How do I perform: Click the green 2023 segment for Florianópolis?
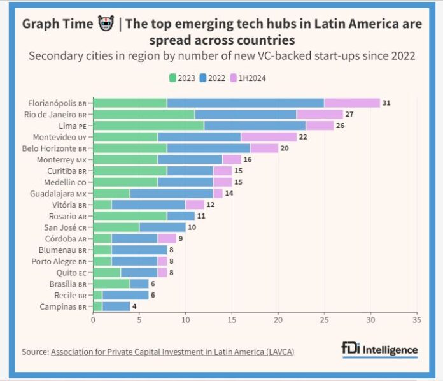[x=130, y=103]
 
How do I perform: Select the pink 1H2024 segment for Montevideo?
[x=269, y=136]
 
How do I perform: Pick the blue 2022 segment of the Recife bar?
[x=125, y=294]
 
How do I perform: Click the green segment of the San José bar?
[x=116, y=227]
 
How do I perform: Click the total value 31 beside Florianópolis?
[x=386, y=103]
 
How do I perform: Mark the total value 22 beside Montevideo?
[x=303, y=136]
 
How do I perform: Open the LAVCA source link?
[x=172, y=351]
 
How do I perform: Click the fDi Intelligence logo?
[x=379, y=350]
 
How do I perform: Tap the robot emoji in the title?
[x=106, y=24]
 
